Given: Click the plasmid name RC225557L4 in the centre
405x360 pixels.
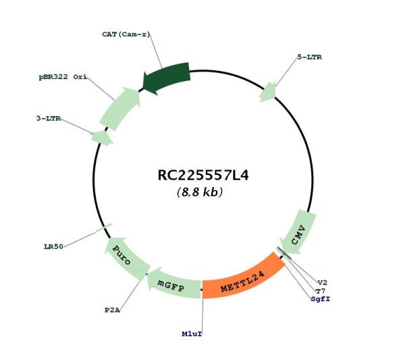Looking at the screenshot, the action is [x=203, y=176].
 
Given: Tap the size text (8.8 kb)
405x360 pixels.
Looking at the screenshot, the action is [x=200, y=192].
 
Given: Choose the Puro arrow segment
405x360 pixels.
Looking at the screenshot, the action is [x=124, y=257].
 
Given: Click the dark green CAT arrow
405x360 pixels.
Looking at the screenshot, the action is [x=167, y=77].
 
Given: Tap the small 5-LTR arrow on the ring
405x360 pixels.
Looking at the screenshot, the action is [x=268, y=93].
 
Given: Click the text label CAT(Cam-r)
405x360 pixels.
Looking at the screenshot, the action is [x=126, y=34].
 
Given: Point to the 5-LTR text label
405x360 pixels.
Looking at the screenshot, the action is [x=309, y=57].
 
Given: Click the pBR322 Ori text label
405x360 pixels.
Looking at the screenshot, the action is [x=63, y=77].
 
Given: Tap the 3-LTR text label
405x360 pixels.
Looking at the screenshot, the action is [x=49, y=118].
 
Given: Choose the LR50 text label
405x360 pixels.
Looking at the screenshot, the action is [x=53, y=247].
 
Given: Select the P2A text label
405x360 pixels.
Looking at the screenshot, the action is [x=112, y=310].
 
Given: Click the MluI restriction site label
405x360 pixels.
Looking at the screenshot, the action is [x=192, y=334].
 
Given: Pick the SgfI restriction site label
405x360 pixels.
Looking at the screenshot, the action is [x=320, y=299].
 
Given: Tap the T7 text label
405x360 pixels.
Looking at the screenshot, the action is [x=321, y=291].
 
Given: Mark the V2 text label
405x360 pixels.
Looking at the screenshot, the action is [x=323, y=282].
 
